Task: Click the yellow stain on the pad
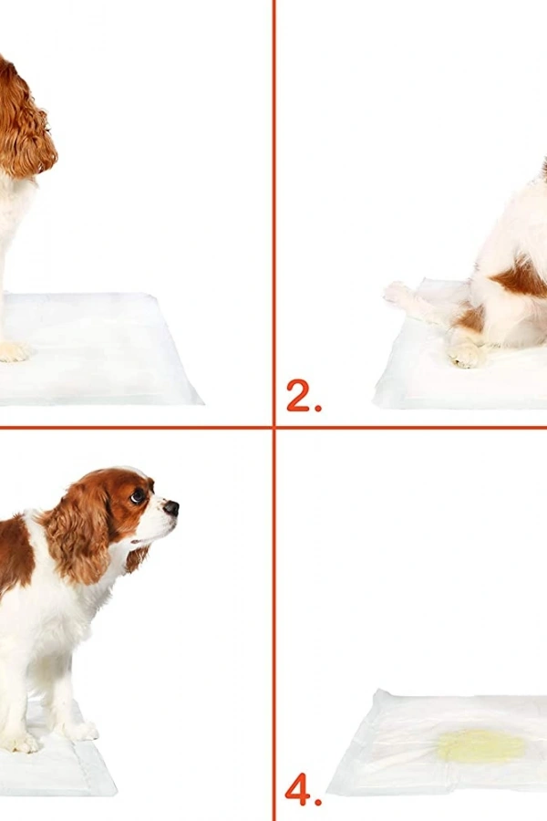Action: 481,745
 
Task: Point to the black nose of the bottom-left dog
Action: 170,507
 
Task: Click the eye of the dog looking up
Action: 138,497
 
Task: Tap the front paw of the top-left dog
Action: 13,351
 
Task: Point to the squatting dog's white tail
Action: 410,299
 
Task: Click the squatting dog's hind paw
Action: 467,354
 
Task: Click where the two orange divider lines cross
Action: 273,427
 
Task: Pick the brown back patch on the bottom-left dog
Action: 14,556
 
